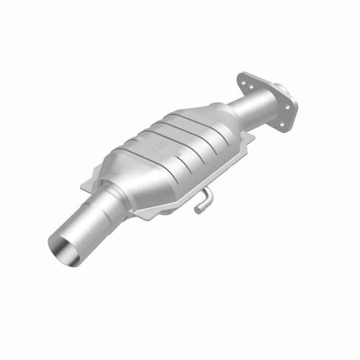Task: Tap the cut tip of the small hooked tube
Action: coord(197,208)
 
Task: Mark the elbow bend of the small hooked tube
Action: coord(207,194)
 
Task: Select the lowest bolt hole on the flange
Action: coord(282,124)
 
